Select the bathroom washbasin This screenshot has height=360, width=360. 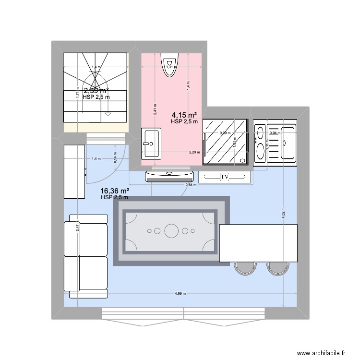(151, 143)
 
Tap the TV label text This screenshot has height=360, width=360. (225, 178)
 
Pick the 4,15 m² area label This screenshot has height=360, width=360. (184, 115)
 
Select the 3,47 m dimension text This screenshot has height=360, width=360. (77, 226)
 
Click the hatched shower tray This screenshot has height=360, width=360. (226, 142)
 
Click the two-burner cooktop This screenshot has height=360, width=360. (260, 142)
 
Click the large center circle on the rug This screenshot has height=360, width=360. (171, 231)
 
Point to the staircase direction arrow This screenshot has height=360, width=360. (108, 114)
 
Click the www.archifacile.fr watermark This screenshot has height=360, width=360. (321, 353)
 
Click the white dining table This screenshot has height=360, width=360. (258, 243)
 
